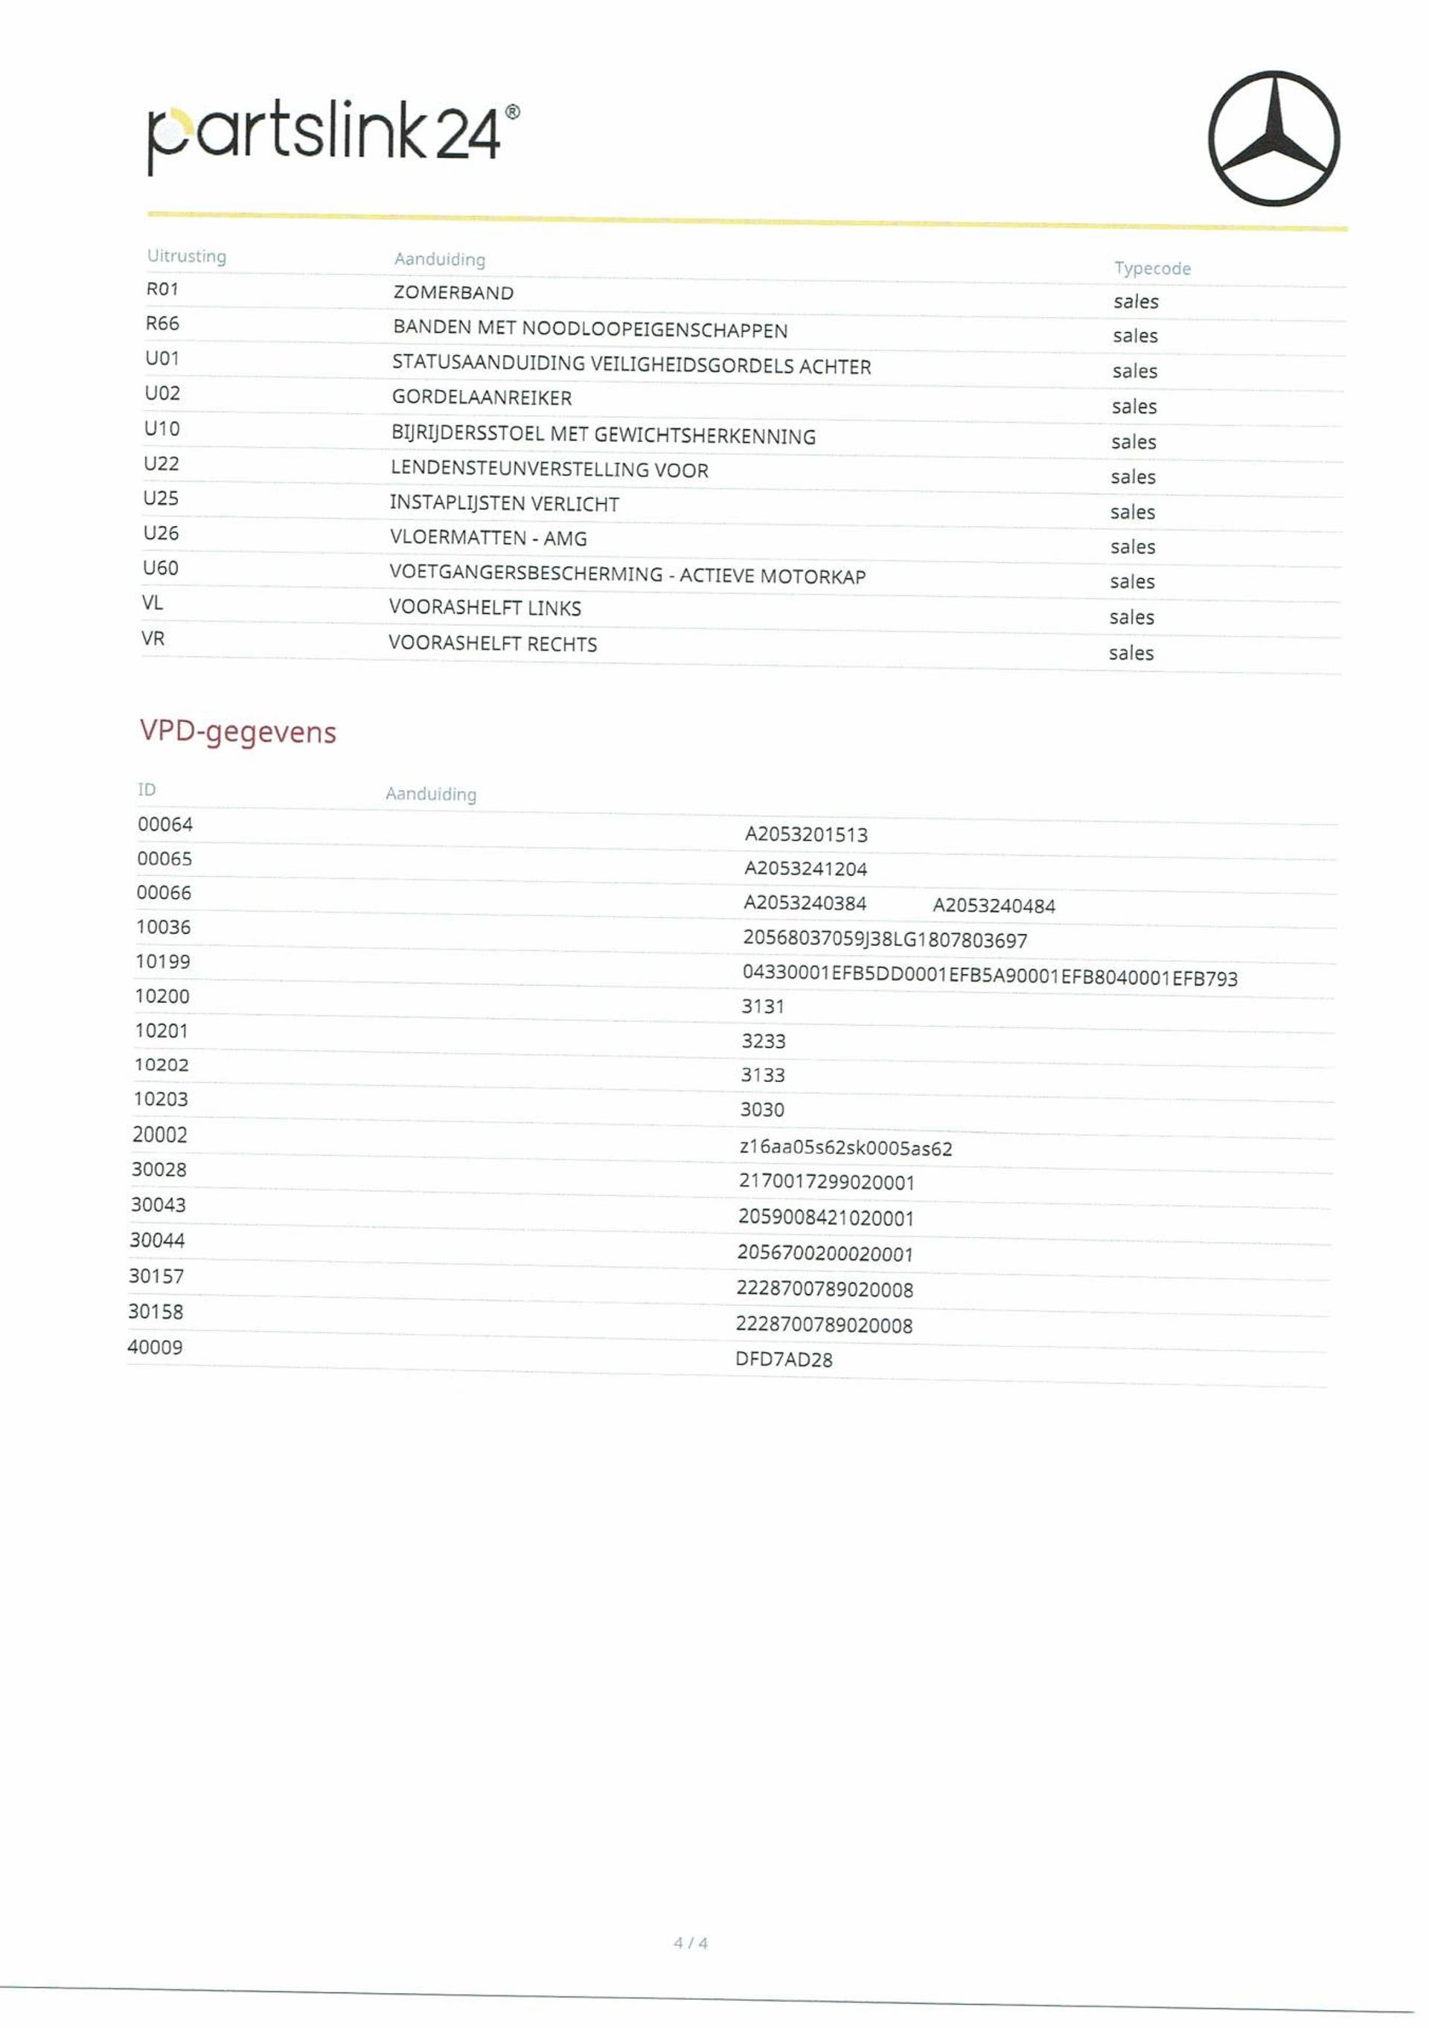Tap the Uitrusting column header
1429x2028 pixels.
click(x=186, y=255)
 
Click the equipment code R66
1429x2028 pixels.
click(x=162, y=323)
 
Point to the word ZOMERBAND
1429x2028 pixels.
click(x=453, y=292)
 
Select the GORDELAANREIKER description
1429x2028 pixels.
click(x=482, y=397)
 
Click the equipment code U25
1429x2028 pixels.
click(x=161, y=498)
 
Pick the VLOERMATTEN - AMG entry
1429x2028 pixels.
click(x=487, y=537)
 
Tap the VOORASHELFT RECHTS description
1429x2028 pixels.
click(x=492, y=643)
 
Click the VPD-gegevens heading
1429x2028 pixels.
click(x=237, y=732)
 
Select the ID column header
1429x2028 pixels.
click(x=147, y=789)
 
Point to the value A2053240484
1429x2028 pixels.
click(x=994, y=906)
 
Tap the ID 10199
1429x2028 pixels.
click(x=162, y=961)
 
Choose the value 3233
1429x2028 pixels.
click(x=763, y=1040)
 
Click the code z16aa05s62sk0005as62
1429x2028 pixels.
click(x=845, y=1148)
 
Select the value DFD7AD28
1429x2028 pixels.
click(x=784, y=1360)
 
